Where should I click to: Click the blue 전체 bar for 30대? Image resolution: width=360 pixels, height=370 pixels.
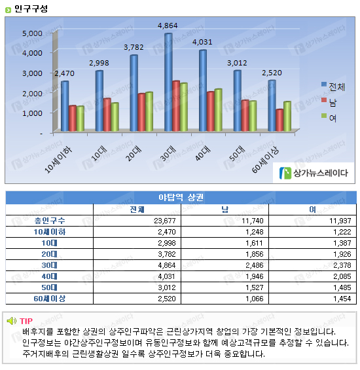coord(168,82)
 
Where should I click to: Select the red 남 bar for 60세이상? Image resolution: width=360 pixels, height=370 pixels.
coord(279,120)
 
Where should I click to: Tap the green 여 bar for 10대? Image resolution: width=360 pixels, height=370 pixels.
coord(115,117)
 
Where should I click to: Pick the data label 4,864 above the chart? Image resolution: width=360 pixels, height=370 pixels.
coord(168,26)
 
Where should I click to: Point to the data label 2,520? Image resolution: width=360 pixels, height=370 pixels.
coord(272,73)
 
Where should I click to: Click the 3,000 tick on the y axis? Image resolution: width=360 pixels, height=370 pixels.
coord(32,73)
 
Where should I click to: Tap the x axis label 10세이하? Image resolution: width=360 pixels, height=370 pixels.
coord(58,160)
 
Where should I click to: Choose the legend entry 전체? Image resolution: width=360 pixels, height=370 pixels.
coord(333,86)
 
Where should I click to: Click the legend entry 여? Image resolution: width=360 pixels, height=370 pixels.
coord(329,117)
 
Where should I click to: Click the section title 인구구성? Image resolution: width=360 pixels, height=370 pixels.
coord(31,9)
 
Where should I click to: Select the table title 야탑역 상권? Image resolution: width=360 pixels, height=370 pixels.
coord(181,197)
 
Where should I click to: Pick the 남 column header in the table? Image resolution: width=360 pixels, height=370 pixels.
coord(225,210)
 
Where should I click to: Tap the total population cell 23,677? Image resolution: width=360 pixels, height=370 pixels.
coord(165,221)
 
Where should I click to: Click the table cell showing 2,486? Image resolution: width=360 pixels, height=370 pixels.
coord(255,265)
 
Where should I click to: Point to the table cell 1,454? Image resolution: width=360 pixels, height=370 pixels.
coord(342,299)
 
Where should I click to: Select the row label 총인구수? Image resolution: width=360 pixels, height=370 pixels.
coord(50,221)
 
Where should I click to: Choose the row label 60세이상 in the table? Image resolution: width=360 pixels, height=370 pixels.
coord(50,299)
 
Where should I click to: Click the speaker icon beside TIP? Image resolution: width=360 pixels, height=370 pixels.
coord(12,321)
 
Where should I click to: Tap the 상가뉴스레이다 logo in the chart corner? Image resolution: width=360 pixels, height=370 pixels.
coord(314,173)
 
